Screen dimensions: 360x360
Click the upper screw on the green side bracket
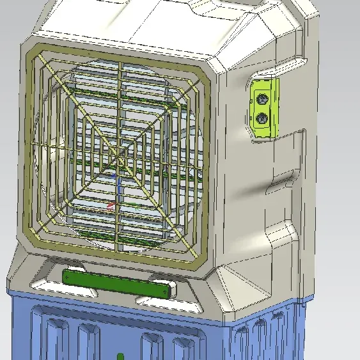click(262, 98)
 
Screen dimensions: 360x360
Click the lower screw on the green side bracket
click(262, 118)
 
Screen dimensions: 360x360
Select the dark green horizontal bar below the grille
click(118, 282)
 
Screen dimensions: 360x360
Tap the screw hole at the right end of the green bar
click(168, 290)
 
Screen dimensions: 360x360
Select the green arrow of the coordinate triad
click(136, 207)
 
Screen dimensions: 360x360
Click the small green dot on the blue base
click(120, 355)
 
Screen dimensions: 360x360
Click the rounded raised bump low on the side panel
click(281, 237)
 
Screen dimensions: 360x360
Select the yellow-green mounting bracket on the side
click(264, 107)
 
